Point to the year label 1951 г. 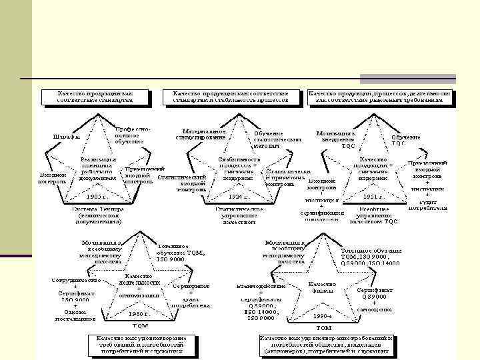373,197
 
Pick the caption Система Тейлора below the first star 98,212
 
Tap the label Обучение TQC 407,140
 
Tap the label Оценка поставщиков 75,315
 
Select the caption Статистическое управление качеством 238,215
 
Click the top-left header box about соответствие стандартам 95,97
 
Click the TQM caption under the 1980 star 140,326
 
